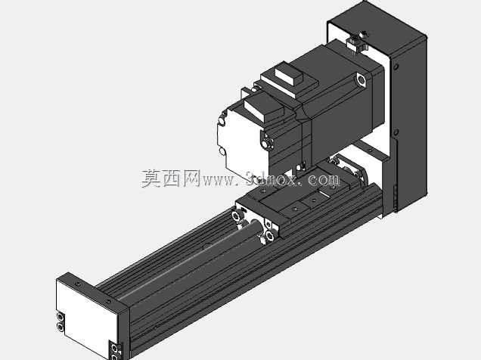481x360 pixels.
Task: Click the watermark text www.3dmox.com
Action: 271,178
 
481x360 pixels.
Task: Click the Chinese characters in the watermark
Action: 171,178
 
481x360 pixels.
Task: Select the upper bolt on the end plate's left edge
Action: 61,317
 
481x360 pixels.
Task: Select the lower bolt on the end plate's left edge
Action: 61,327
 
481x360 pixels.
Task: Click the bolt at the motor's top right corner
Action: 362,79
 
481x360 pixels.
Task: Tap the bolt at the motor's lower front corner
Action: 268,143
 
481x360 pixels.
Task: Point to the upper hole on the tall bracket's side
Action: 396,67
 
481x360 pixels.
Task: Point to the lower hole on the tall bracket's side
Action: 396,132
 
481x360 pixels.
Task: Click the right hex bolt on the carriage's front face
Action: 270,235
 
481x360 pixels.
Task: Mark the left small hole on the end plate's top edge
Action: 78,284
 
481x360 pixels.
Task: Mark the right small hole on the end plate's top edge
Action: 108,302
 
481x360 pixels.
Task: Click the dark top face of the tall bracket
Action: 377,28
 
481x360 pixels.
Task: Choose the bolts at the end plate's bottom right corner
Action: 116,352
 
